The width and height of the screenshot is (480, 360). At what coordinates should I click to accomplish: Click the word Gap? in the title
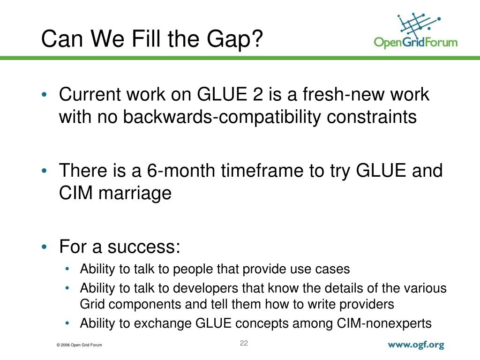234,40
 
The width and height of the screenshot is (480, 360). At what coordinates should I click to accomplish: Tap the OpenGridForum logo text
416,42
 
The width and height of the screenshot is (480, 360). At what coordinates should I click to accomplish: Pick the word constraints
372,117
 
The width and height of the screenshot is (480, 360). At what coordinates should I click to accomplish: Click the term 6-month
181,171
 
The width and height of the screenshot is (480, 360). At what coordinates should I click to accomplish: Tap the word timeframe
262,171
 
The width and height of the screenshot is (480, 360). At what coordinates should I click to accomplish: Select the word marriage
135,194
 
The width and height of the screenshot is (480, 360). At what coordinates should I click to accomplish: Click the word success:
143,247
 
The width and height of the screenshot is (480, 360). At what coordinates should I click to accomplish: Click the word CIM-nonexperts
384,323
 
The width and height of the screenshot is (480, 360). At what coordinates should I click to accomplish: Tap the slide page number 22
244,343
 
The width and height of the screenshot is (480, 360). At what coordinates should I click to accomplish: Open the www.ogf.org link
416,345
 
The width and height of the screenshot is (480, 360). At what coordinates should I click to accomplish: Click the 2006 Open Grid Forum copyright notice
79,345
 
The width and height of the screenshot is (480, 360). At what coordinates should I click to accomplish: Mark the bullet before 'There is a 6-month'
45,171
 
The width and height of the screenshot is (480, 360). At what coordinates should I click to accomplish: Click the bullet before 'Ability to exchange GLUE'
67,323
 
